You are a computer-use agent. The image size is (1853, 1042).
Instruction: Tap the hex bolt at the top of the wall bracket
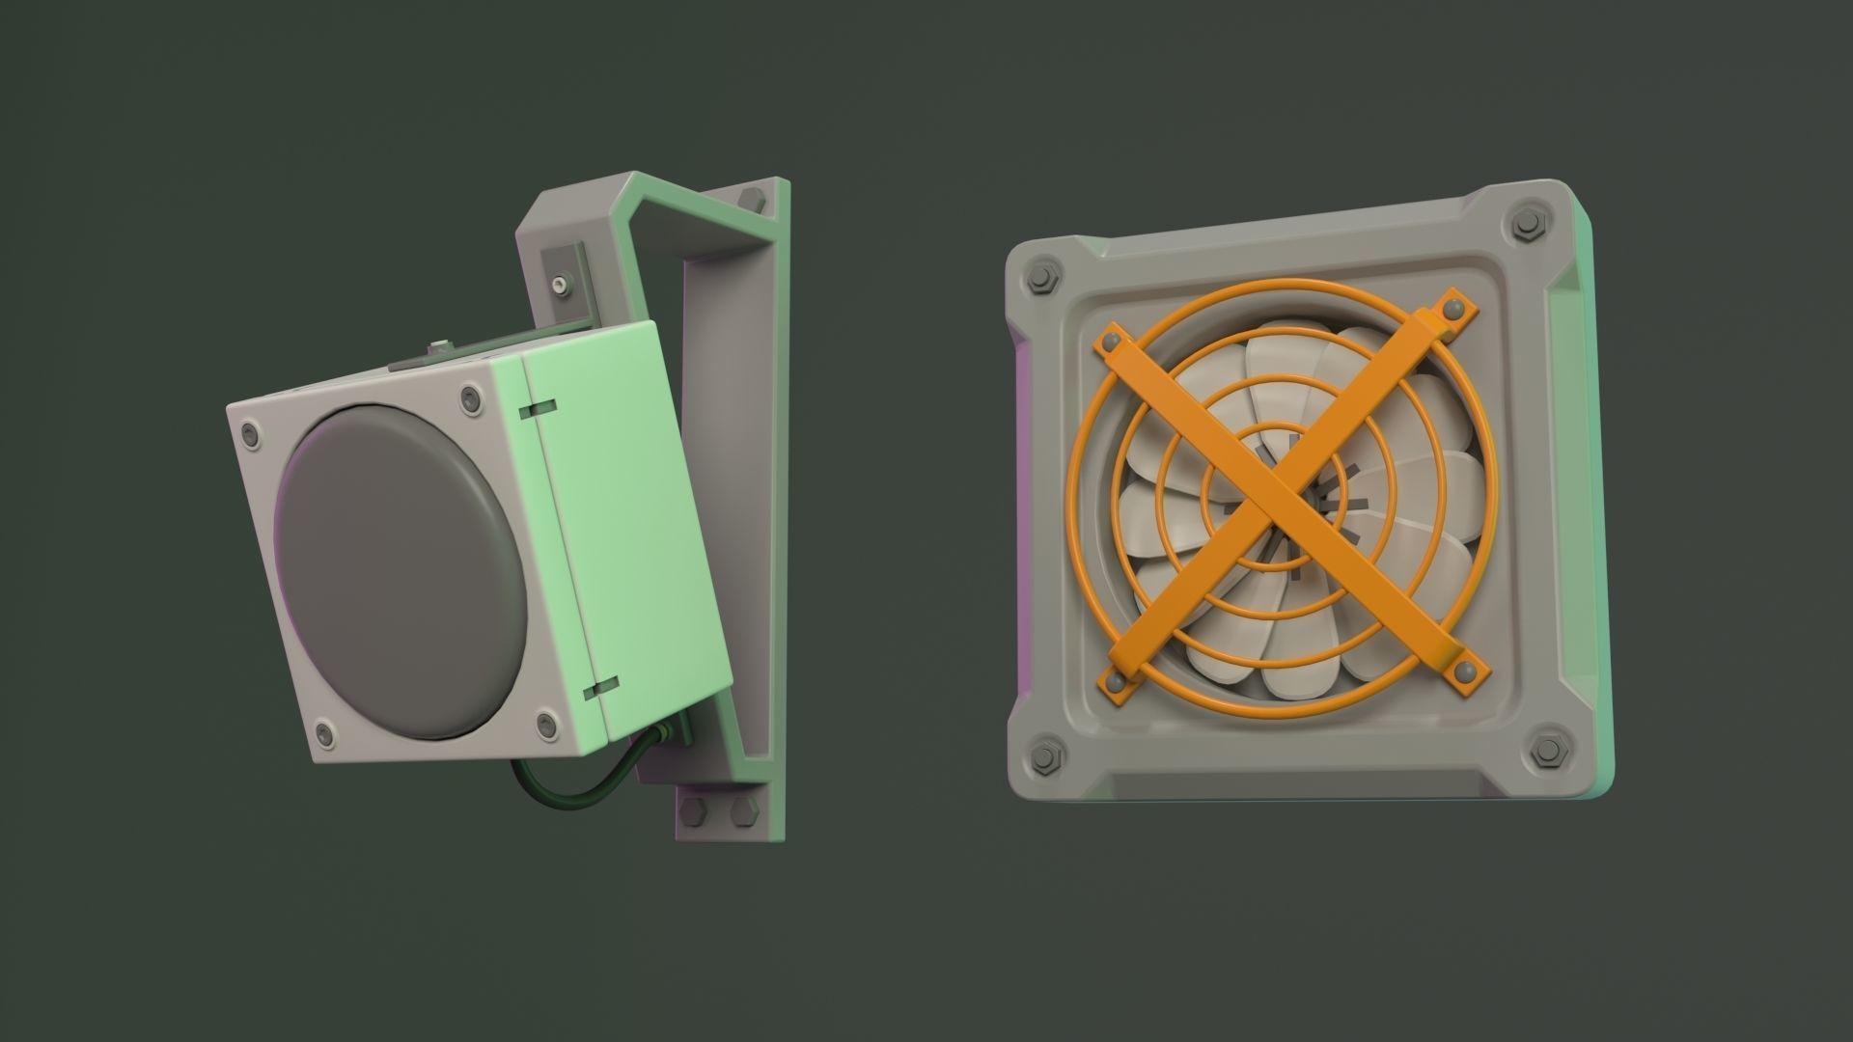[751, 199]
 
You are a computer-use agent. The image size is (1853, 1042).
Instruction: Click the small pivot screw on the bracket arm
[561, 286]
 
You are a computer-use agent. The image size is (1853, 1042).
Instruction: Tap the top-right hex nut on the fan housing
[1527, 225]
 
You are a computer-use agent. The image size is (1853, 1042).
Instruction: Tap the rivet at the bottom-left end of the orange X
[1118, 682]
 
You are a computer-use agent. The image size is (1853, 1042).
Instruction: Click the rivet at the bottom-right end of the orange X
[1466, 671]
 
